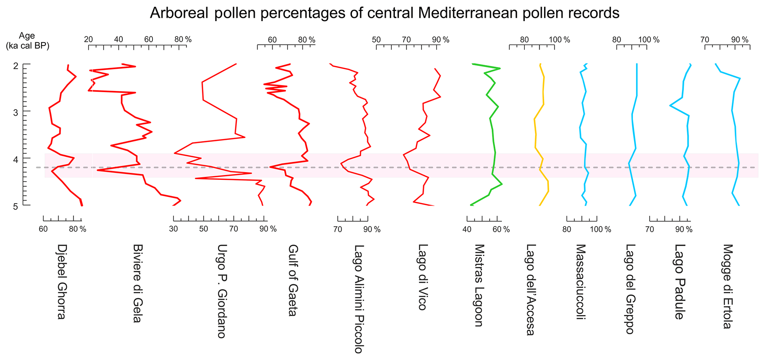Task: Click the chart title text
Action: click(x=385, y=13)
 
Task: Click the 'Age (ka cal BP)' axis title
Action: click(x=27, y=41)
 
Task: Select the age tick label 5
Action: click(x=16, y=206)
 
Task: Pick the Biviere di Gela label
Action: click(x=137, y=283)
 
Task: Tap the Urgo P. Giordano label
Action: click(x=221, y=291)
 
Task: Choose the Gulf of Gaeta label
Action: click(x=293, y=280)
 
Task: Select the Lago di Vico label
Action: click(x=422, y=277)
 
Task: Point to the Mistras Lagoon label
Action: click(x=479, y=285)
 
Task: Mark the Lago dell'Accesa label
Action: click(x=531, y=290)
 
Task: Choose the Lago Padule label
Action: click(x=679, y=282)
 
